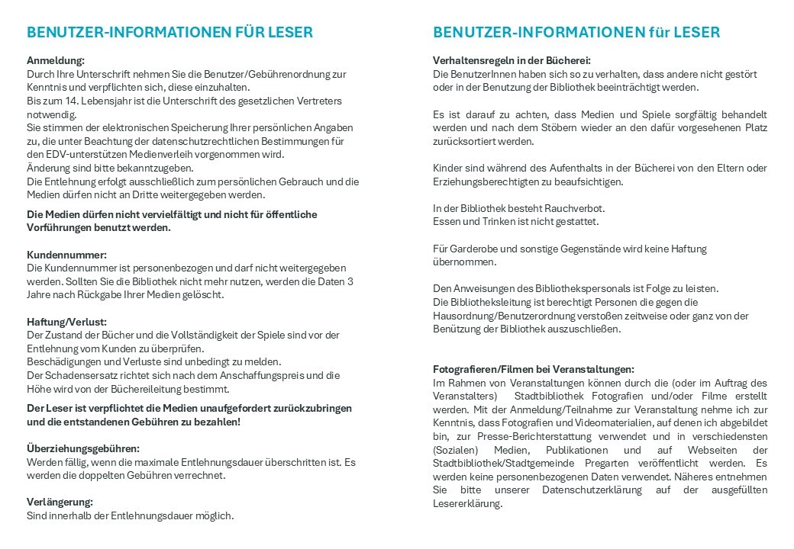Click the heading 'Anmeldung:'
point(56,59)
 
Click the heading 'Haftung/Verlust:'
point(67,322)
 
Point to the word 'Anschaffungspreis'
point(265,376)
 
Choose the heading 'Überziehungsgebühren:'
point(83,448)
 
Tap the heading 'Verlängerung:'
point(60,502)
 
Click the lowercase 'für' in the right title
point(660,32)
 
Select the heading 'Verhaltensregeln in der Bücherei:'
point(512,60)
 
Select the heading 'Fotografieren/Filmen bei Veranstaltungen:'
point(534,369)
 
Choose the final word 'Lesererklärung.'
point(467,504)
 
